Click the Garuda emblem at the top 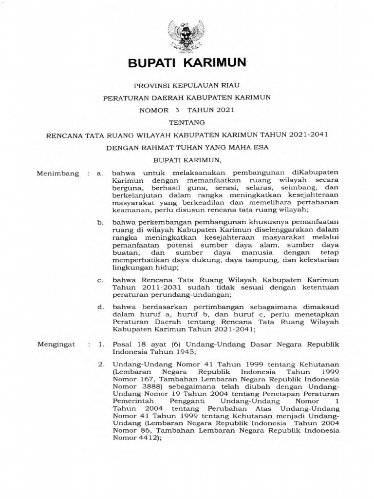pos(187,34)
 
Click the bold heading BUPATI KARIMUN pos(187,62)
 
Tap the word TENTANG pos(187,122)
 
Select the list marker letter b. pos(100,221)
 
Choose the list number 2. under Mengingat pos(101,364)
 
